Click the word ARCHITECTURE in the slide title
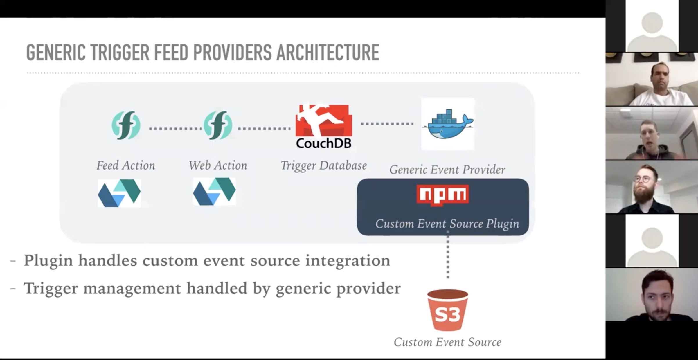click(328, 53)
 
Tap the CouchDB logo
click(324, 126)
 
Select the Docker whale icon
click(448, 124)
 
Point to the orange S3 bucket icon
click(448, 310)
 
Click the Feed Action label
click(126, 165)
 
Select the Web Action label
click(218, 165)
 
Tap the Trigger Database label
click(323, 165)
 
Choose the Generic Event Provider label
click(447, 170)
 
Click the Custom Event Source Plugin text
click(447, 224)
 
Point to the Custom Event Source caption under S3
click(447, 342)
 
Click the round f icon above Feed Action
click(126, 125)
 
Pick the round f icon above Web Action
click(218, 125)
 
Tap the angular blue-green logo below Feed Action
click(119, 193)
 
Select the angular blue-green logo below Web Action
click(214, 192)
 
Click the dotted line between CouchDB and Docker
click(387, 124)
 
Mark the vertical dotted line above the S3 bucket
click(448, 255)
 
